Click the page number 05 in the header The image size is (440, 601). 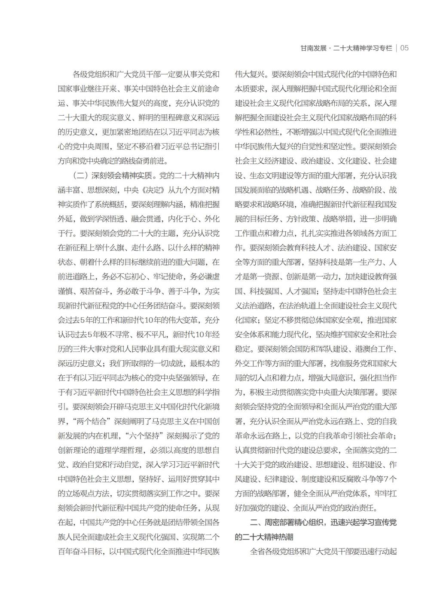(x=404, y=48)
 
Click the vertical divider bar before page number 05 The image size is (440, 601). (x=396, y=48)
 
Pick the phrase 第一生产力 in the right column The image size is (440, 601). (x=364, y=262)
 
